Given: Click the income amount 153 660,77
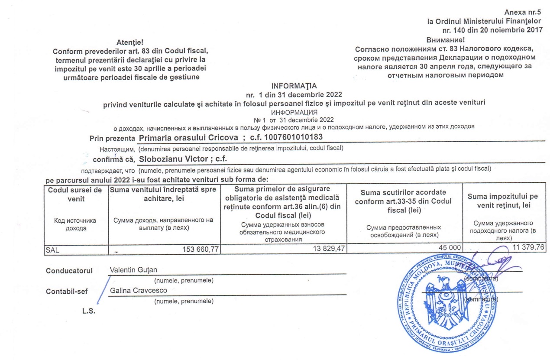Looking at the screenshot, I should click(195, 249).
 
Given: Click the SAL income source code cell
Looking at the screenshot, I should click(53, 250).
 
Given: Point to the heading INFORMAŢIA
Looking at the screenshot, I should click(294, 85).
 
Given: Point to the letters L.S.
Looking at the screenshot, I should click(88, 311).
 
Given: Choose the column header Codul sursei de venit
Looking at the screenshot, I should click(75, 194).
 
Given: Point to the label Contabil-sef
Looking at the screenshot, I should click(67, 291).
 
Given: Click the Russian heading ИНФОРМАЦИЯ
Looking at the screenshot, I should click(294, 112).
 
